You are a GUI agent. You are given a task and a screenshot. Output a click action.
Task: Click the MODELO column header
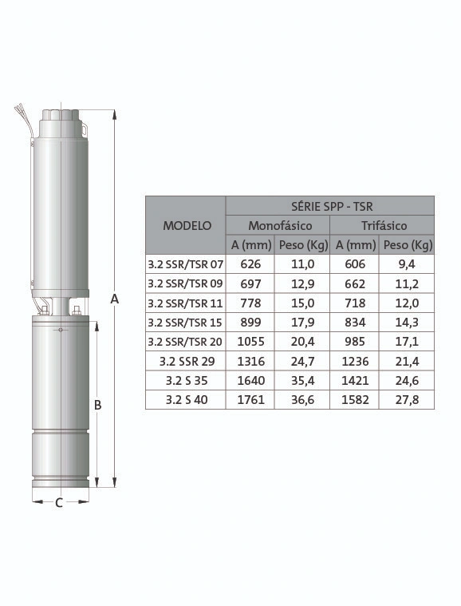(x=187, y=225)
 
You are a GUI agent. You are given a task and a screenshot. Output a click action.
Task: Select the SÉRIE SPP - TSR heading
(x=332, y=206)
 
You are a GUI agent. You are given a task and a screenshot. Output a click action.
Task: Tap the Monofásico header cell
(x=280, y=225)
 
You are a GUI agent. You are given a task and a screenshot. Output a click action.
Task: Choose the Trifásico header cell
(x=384, y=225)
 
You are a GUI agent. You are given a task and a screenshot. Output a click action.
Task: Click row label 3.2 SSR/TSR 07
(x=185, y=264)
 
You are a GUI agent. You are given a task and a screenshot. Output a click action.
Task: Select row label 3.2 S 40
(x=187, y=400)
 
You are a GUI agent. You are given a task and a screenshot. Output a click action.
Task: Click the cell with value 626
(x=250, y=264)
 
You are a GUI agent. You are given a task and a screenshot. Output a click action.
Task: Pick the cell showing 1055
(x=250, y=342)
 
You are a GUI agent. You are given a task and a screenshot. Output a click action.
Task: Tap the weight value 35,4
(x=303, y=381)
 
